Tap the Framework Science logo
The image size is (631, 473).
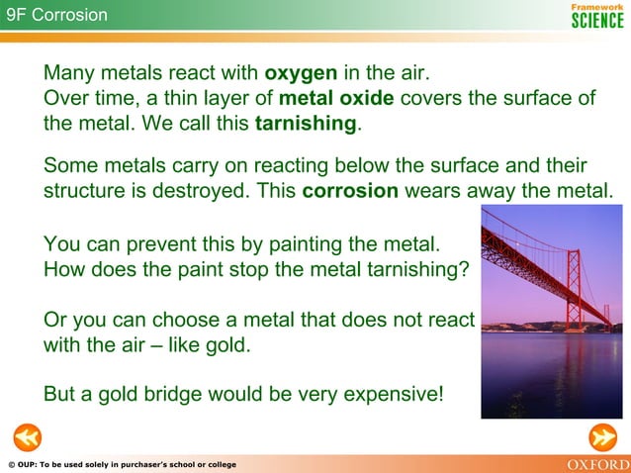coord(597,15)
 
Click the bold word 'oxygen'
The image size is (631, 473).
coord(303,74)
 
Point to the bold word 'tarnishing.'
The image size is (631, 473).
coord(308,125)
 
